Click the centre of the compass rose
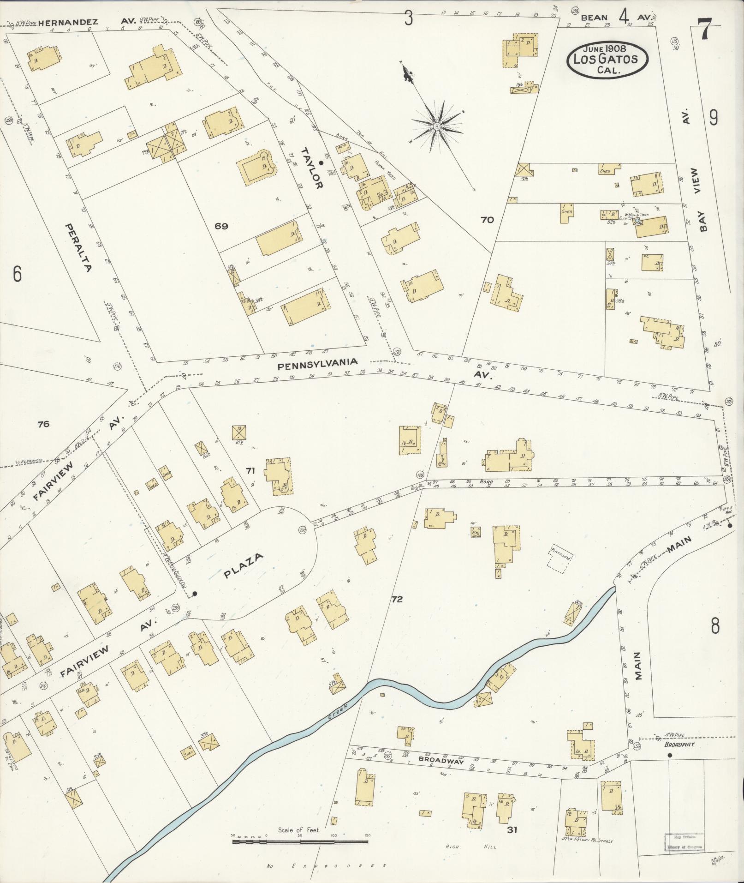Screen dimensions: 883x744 (437, 126)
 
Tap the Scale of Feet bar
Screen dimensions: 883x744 (300, 842)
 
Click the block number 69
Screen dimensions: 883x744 (221, 226)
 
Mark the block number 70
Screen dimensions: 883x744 (487, 220)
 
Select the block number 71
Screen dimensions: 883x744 (250, 471)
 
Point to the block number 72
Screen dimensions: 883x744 (397, 600)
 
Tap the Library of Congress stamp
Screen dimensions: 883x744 (684, 841)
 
